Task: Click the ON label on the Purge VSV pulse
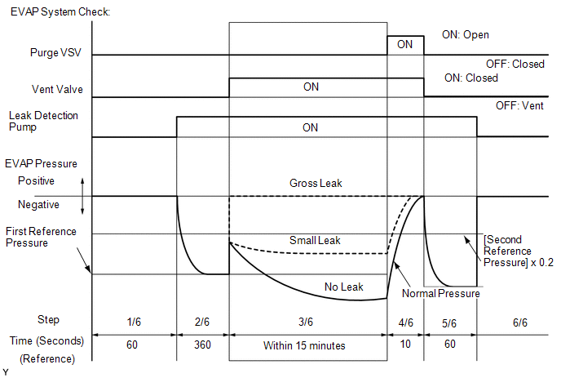point(404,45)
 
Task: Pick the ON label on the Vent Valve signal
point(311,87)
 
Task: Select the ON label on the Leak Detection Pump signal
point(311,127)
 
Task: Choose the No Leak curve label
point(343,287)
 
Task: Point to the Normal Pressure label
point(441,293)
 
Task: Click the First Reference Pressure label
point(40,237)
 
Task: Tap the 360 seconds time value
point(203,345)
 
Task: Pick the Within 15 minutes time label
point(304,345)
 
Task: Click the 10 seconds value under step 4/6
point(405,345)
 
